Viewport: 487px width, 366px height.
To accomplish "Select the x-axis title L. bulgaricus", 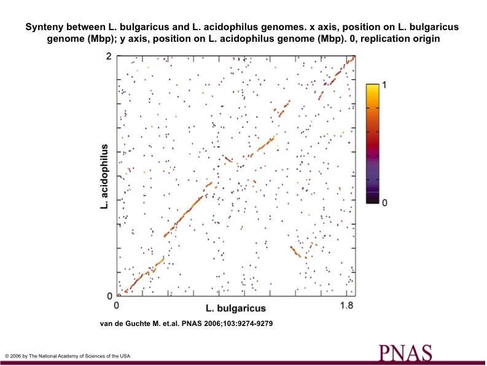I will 236,308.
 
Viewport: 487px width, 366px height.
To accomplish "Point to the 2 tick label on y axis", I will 109,57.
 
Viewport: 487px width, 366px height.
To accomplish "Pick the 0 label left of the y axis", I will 109,296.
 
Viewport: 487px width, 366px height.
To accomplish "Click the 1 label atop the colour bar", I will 384,86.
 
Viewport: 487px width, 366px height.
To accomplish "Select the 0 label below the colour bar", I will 384,202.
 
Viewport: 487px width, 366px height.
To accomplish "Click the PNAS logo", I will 405,352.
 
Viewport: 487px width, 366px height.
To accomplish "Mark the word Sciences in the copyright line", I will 96,356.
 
